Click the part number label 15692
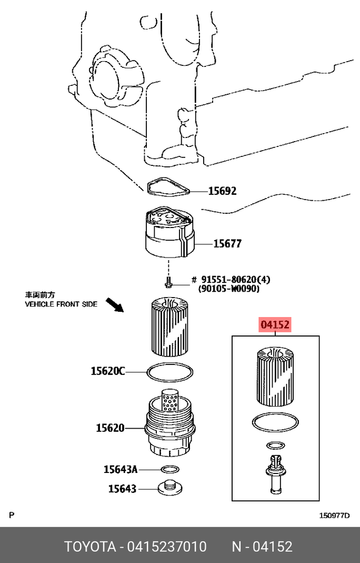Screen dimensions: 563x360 [x=222, y=191]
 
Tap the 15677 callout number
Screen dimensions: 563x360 [x=227, y=244]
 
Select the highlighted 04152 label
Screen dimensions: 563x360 [x=275, y=325]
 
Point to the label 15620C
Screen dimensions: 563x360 [x=107, y=372]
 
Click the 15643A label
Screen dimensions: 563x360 [x=120, y=469]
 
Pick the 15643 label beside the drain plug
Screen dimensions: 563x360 [x=122, y=489]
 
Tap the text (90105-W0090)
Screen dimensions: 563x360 [x=228, y=289]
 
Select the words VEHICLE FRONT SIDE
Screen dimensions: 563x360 [x=61, y=304]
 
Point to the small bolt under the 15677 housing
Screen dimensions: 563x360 [x=168, y=283]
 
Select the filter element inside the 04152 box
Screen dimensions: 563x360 [x=274, y=377]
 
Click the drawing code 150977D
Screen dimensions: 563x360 [x=334, y=516]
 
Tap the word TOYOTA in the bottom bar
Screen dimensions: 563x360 [x=89, y=546]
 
